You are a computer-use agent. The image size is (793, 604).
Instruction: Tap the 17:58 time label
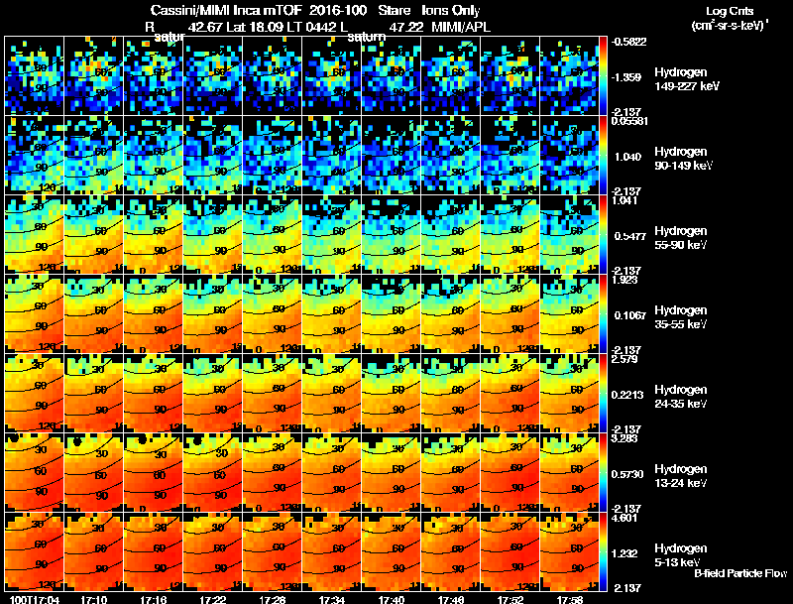tap(570, 599)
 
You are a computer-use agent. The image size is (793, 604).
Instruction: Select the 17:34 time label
tap(332, 599)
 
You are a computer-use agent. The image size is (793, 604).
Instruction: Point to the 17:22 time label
tap(213, 599)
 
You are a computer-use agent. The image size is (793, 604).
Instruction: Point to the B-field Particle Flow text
tap(739, 573)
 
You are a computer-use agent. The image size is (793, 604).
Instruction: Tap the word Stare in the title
tap(395, 11)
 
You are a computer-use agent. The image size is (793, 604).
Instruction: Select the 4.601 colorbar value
tap(624, 517)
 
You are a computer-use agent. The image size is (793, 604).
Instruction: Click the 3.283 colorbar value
tap(624, 437)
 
